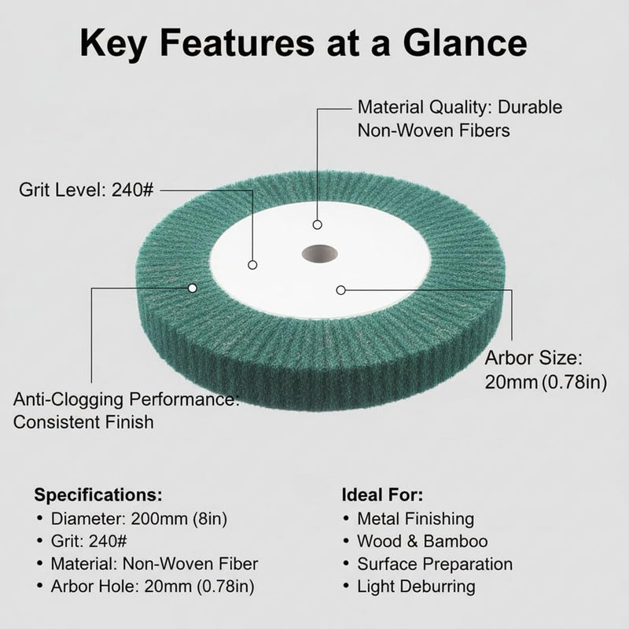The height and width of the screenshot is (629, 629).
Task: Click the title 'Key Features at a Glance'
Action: [x=303, y=43]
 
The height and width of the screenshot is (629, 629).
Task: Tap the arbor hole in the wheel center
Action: [x=319, y=254]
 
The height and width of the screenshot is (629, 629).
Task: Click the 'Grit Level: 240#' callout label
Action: [x=86, y=189]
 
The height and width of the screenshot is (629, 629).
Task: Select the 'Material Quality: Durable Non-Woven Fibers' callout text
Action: [x=460, y=119]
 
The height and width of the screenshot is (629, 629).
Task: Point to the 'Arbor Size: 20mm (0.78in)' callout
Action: [x=546, y=370]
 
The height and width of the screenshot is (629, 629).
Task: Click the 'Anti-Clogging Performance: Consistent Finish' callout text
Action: [x=126, y=410]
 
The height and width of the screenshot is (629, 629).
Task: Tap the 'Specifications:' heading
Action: [x=98, y=495]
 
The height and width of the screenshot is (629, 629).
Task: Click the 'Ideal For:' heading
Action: [x=382, y=495]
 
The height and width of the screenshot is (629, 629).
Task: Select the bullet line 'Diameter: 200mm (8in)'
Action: [x=139, y=519]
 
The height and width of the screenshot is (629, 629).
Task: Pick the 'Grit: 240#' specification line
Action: [x=89, y=541]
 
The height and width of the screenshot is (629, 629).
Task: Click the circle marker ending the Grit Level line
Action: [x=252, y=265]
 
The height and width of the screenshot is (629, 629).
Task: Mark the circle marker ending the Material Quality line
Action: [x=318, y=225]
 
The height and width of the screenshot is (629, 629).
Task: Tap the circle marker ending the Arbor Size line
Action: [x=340, y=289]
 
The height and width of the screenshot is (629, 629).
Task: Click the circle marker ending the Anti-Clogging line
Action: [x=193, y=288]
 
